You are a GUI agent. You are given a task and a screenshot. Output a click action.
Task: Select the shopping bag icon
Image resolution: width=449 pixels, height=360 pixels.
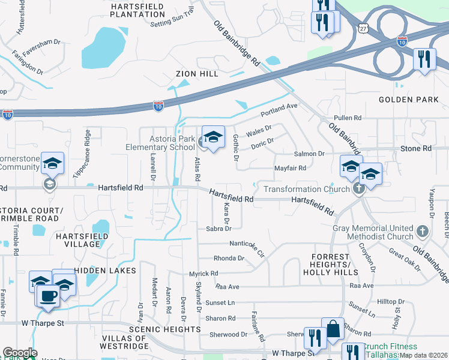point(333,330)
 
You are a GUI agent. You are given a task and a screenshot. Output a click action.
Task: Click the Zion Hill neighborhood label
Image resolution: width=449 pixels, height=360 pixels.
point(196,74)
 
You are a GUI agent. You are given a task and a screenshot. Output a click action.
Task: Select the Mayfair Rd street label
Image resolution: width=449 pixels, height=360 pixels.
point(290,169)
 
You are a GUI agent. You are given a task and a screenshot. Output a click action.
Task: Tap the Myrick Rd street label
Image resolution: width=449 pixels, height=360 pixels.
point(203,274)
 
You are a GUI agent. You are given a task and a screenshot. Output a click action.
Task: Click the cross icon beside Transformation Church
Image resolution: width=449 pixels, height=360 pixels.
point(359,189)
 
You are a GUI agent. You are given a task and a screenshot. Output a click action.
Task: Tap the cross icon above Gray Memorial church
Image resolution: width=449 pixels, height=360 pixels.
point(423,230)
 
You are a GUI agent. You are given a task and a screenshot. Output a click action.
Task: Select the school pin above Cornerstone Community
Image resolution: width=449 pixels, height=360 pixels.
point(52,164)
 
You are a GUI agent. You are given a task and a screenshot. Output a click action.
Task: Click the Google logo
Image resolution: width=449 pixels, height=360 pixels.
point(20,353)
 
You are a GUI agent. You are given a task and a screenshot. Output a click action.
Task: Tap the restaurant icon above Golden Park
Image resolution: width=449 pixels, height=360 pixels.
point(424,59)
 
